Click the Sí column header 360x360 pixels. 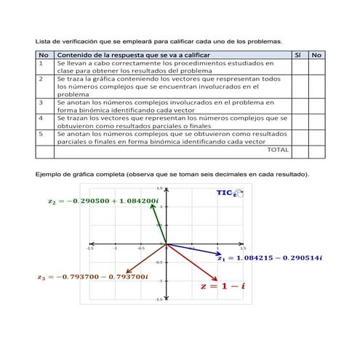[x=297, y=55]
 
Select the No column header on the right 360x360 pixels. [x=316, y=55]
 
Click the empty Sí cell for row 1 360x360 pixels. [x=298, y=67]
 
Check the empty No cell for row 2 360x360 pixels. [x=316, y=86]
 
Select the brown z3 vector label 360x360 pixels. [x=93, y=276]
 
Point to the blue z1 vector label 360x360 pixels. [x=268, y=258]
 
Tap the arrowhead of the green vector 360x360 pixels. [x=152, y=205]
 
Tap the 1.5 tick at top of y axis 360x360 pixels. [x=170, y=188]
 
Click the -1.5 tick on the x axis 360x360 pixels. [x=90, y=247]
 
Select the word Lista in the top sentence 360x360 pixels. [x=44, y=41]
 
